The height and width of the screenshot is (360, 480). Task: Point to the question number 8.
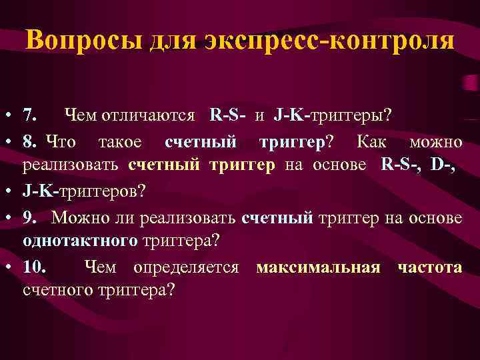(x=30, y=141)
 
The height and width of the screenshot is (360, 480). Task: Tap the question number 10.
(x=35, y=267)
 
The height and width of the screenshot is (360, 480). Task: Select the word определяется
(x=186, y=267)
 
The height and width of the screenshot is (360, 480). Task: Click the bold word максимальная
(x=318, y=267)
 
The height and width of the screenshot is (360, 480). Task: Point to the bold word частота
(x=429, y=267)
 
